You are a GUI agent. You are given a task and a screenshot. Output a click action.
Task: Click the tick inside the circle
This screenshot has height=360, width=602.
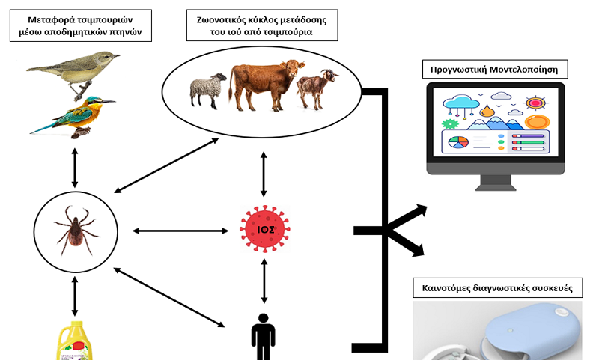(x=76, y=231)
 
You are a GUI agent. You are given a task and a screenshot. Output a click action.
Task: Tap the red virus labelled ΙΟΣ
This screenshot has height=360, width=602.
(x=265, y=229)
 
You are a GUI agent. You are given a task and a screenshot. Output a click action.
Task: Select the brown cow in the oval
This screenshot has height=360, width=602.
(x=266, y=85)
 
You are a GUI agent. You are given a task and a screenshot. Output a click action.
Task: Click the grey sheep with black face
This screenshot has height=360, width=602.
(x=207, y=91)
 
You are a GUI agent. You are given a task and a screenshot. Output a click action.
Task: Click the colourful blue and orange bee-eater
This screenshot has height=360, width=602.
(x=73, y=116)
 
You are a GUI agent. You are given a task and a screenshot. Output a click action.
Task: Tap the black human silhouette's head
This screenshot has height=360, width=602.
(x=264, y=319)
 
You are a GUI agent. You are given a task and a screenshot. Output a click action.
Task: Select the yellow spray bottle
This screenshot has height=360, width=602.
(x=75, y=341)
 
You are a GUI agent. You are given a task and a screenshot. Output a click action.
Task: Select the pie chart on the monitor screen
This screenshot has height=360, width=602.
(x=458, y=142)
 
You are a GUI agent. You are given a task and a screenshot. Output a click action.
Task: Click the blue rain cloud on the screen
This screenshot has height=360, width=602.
(x=460, y=103)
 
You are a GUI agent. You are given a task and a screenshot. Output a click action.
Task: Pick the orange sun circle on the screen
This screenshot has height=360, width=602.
(x=537, y=122)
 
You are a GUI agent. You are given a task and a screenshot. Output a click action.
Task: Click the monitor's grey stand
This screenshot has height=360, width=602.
(x=496, y=183)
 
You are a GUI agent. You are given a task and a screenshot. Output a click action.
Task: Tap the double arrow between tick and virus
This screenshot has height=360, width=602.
(x=180, y=231)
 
